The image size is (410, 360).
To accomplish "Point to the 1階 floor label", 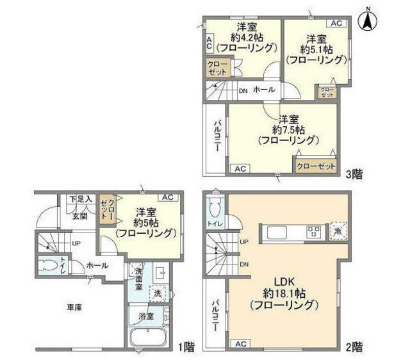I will click(186, 347).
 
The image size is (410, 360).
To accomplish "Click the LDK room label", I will click(283, 281).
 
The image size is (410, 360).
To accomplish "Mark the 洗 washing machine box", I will click(158, 293).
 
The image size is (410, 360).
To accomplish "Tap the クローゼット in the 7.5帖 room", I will click(316, 166).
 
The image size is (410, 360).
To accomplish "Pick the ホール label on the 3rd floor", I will click(265, 90).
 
